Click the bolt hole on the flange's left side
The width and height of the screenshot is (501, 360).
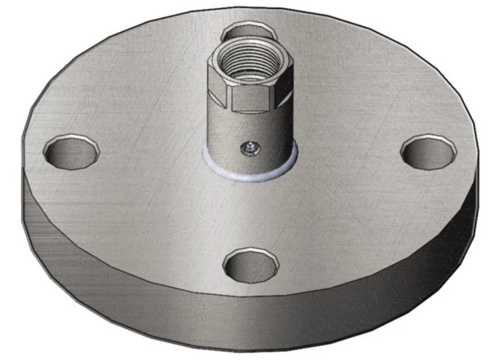pyautogui.click(x=71, y=151)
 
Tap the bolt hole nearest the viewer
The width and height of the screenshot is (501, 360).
pyautogui.click(x=250, y=266)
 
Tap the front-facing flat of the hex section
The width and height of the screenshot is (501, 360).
pyautogui.click(x=250, y=97)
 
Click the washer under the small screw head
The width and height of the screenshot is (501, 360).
pyautogui.click(x=249, y=151)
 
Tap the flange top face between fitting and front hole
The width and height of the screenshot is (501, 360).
pyautogui.click(x=250, y=214)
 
